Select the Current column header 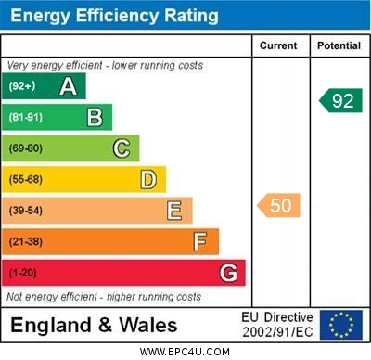[x=278, y=45]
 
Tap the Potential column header [x=339, y=45]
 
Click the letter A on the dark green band [x=68, y=87]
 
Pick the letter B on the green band [x=95, y=118]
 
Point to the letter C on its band [x=122, y=148]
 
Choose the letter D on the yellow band [x=148, y=179]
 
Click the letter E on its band [x=174, y=211]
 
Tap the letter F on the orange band [x=200, y=242]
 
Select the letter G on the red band [x=228, y=274]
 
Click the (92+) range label [x=22, y=87]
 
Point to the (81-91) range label [x=26, y=118]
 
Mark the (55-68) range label [x=26, y=179]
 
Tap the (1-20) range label [x=23, y=274]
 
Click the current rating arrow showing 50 [x=279, y=205]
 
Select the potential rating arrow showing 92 [x=340, y=100]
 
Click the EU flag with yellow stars [x=341, y=325]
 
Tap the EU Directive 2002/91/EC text [x=279, y=325]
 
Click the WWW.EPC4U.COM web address [x=185, y=352]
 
